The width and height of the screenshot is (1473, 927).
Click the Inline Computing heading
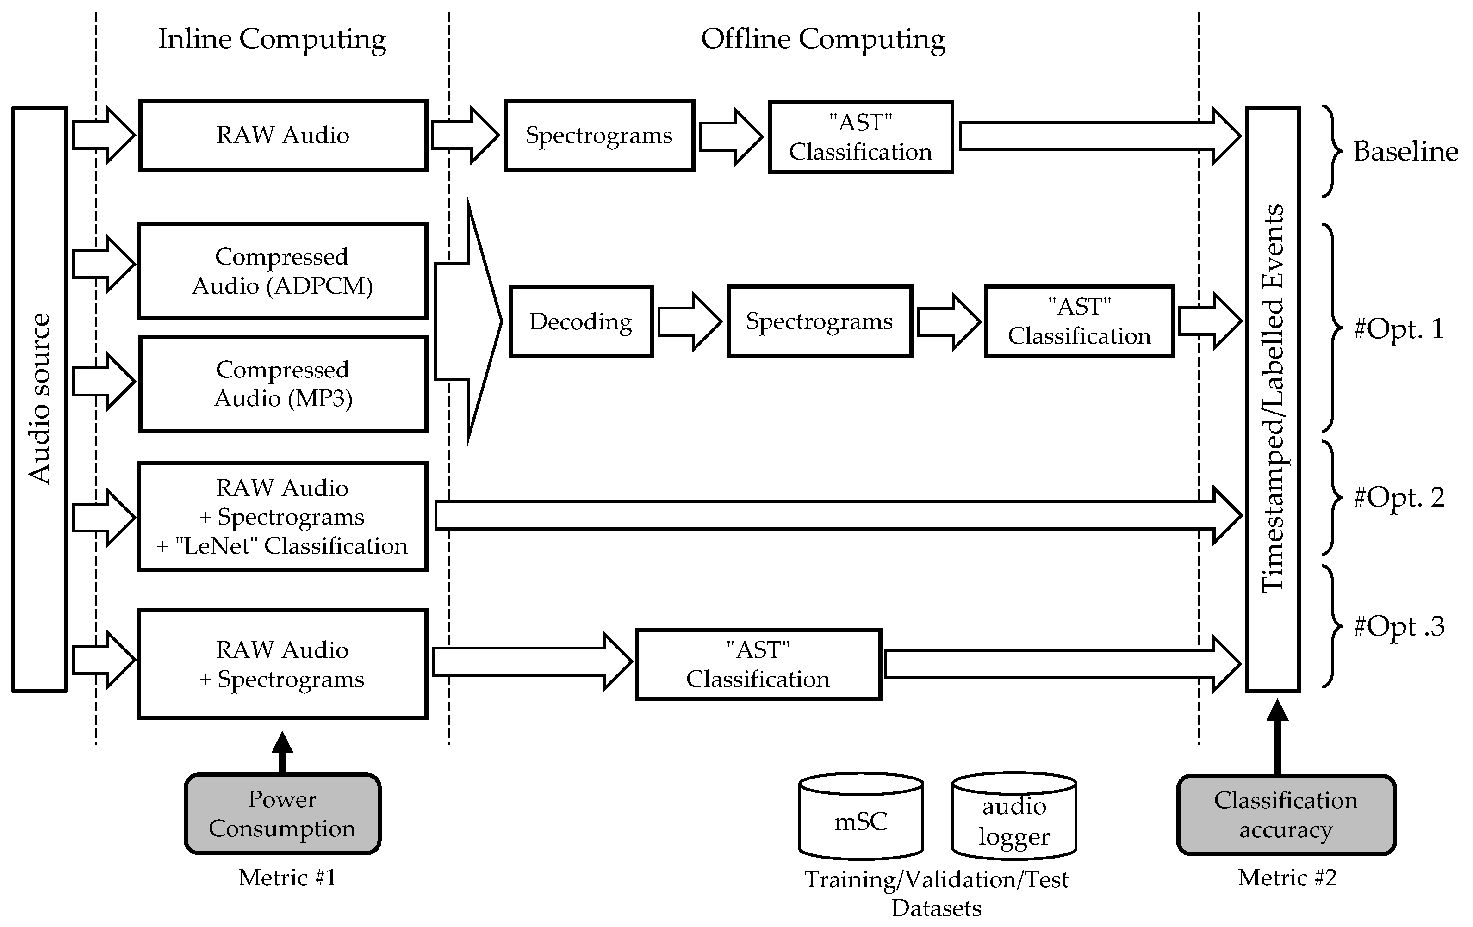pyautogui.click(x=272, y=39)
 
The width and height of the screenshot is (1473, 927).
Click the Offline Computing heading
pyautogui.click(x=823, y=39)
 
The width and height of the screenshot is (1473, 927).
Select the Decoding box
pyautogui.click(x=580, y=321)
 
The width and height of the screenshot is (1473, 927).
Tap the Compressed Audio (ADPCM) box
pyautogui.click(x=282, y=271)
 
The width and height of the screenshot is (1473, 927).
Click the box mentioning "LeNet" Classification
pyautogui.click(x=282, y=517)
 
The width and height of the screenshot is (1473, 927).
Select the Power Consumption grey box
pyautogui.click(x=282, y=814)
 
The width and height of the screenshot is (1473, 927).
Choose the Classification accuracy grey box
pyautogui.click(x=1286, y=815)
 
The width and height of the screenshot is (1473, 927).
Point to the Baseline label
pyautogui.click(x=1405, y=152)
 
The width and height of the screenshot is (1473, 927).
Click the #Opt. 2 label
pyautogui.click(x=1399, y=498)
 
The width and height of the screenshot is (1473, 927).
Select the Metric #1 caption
pyautogui.click(x=287, y=878)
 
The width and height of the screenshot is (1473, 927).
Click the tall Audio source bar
pyautogui.click(x=39, y=399)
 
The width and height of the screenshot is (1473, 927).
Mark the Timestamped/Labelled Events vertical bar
pyautogui.click(x=1272, y=399)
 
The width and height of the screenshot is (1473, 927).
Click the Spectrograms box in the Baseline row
pyautogui.click(x=599, y=135)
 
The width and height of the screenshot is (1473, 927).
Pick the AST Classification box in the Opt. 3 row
pyautogui.click(x=758, y=665)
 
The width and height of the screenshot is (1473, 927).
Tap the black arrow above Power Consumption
pyautogui.click(x=282, y=752)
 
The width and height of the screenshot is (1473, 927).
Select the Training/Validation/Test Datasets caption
pyautogui.click(x=936, y=893)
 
